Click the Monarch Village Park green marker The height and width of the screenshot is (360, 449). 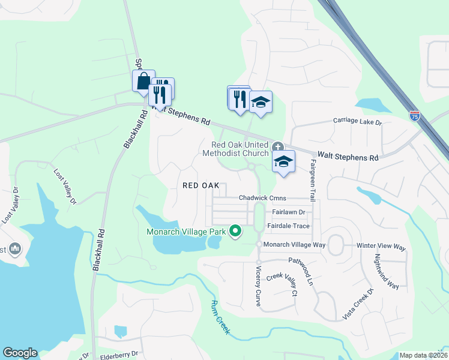236,230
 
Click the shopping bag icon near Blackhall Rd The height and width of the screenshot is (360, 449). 143,82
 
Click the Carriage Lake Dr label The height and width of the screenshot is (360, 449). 358,122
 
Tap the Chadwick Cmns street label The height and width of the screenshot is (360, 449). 263,197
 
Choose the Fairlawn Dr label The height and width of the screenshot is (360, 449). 288,212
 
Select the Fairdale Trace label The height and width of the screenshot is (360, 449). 291,226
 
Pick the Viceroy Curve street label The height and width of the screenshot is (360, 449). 259,286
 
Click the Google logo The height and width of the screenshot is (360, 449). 20,353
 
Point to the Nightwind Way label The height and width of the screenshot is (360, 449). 387,271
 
